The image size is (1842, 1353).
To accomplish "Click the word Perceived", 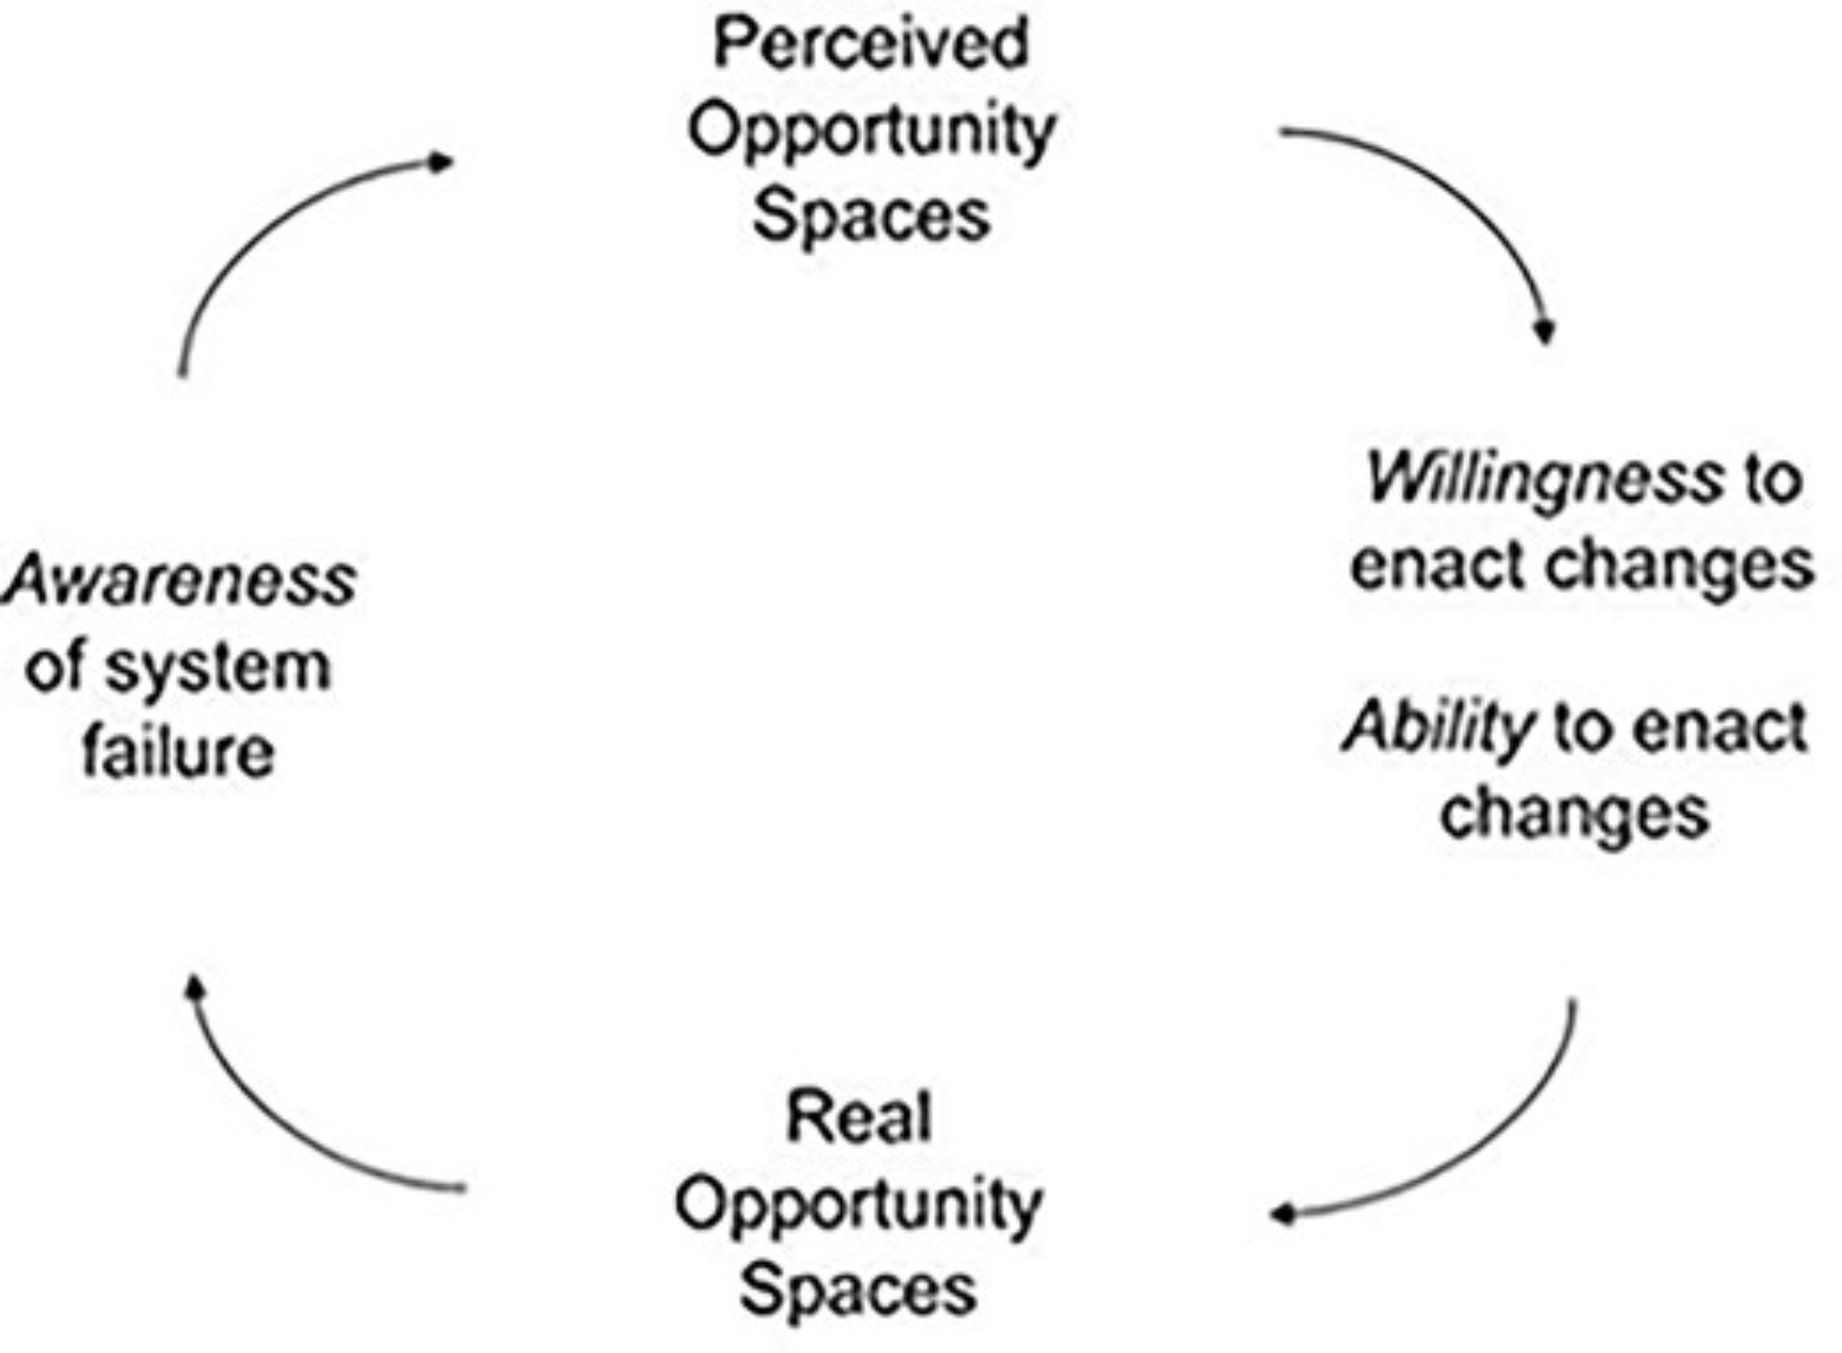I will tap(870, 43).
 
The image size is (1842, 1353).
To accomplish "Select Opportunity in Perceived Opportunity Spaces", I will tap(870, 132).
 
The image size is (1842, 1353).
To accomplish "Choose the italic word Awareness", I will tap(180, 581).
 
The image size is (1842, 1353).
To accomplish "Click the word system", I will tap(217, 668).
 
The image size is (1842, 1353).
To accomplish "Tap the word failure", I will tap(179, 752).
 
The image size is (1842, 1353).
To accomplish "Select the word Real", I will tap(858, 1117).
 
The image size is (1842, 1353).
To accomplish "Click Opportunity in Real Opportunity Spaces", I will tap(858, 1205).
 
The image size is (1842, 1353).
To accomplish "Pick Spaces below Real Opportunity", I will tap(858, 1289).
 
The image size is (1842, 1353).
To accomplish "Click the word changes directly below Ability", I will tap(1575, 814).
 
